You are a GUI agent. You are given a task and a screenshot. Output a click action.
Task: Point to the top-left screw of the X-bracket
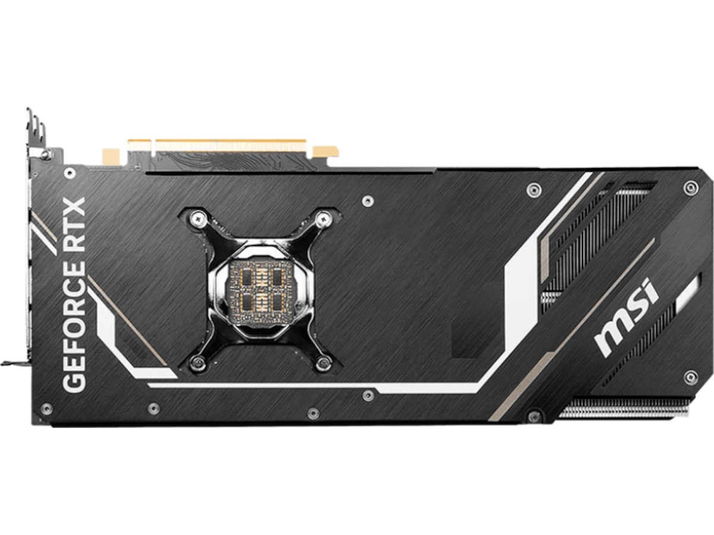click(x=197, y=218)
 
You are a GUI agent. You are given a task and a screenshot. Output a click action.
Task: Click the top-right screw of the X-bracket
click(x=323, y=219)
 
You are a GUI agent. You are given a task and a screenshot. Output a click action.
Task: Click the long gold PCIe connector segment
click(x=231, y=145)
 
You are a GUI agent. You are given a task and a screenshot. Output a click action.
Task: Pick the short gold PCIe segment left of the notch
click(x=139, y=145)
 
